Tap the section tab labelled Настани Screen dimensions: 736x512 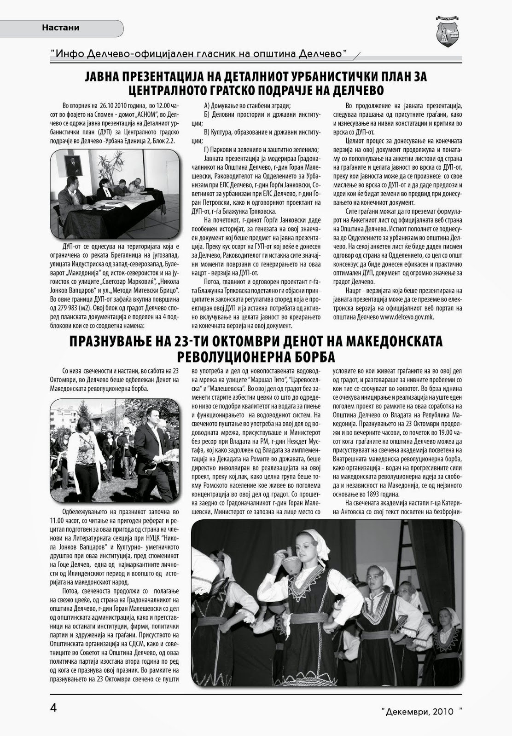(x=61, y=28)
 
